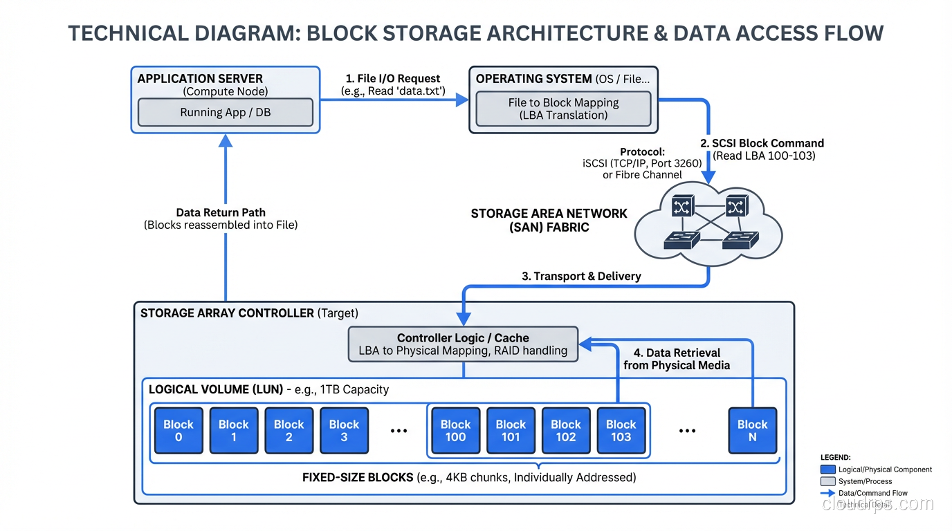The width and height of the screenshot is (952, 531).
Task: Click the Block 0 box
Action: [178, 431]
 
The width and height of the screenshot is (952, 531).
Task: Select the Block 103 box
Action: [621, 431]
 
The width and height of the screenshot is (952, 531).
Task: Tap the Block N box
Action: [752, 431]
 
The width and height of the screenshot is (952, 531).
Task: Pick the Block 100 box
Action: [455, 431]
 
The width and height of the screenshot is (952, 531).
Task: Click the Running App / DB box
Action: [225, 113]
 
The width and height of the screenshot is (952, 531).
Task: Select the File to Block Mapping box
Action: [563, 109]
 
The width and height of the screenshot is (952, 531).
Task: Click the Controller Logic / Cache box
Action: [463, 344]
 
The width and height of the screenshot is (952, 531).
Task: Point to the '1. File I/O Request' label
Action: [393, 79]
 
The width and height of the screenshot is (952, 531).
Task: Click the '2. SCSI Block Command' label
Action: [762, 143]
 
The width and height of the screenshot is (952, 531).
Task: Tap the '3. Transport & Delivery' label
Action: [581, 276]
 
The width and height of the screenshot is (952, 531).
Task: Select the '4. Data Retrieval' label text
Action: [677, 353]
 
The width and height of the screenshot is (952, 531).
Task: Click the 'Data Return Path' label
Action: [221, 212]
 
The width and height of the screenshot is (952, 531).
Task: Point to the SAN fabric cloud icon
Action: [708, 223]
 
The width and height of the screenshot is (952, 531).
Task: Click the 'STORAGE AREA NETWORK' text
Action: [549, 214]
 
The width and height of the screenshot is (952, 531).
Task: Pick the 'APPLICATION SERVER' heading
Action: [200, 79]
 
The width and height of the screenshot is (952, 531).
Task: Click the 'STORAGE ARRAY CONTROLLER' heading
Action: [227, 313]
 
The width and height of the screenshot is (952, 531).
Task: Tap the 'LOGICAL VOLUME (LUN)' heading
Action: [216, 389]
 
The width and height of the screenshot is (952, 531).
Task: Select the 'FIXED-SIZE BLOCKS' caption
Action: [358, 477]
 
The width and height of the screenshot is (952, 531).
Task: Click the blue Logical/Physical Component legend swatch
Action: [827, 469]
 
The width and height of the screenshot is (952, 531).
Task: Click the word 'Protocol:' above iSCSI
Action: [642, 152]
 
